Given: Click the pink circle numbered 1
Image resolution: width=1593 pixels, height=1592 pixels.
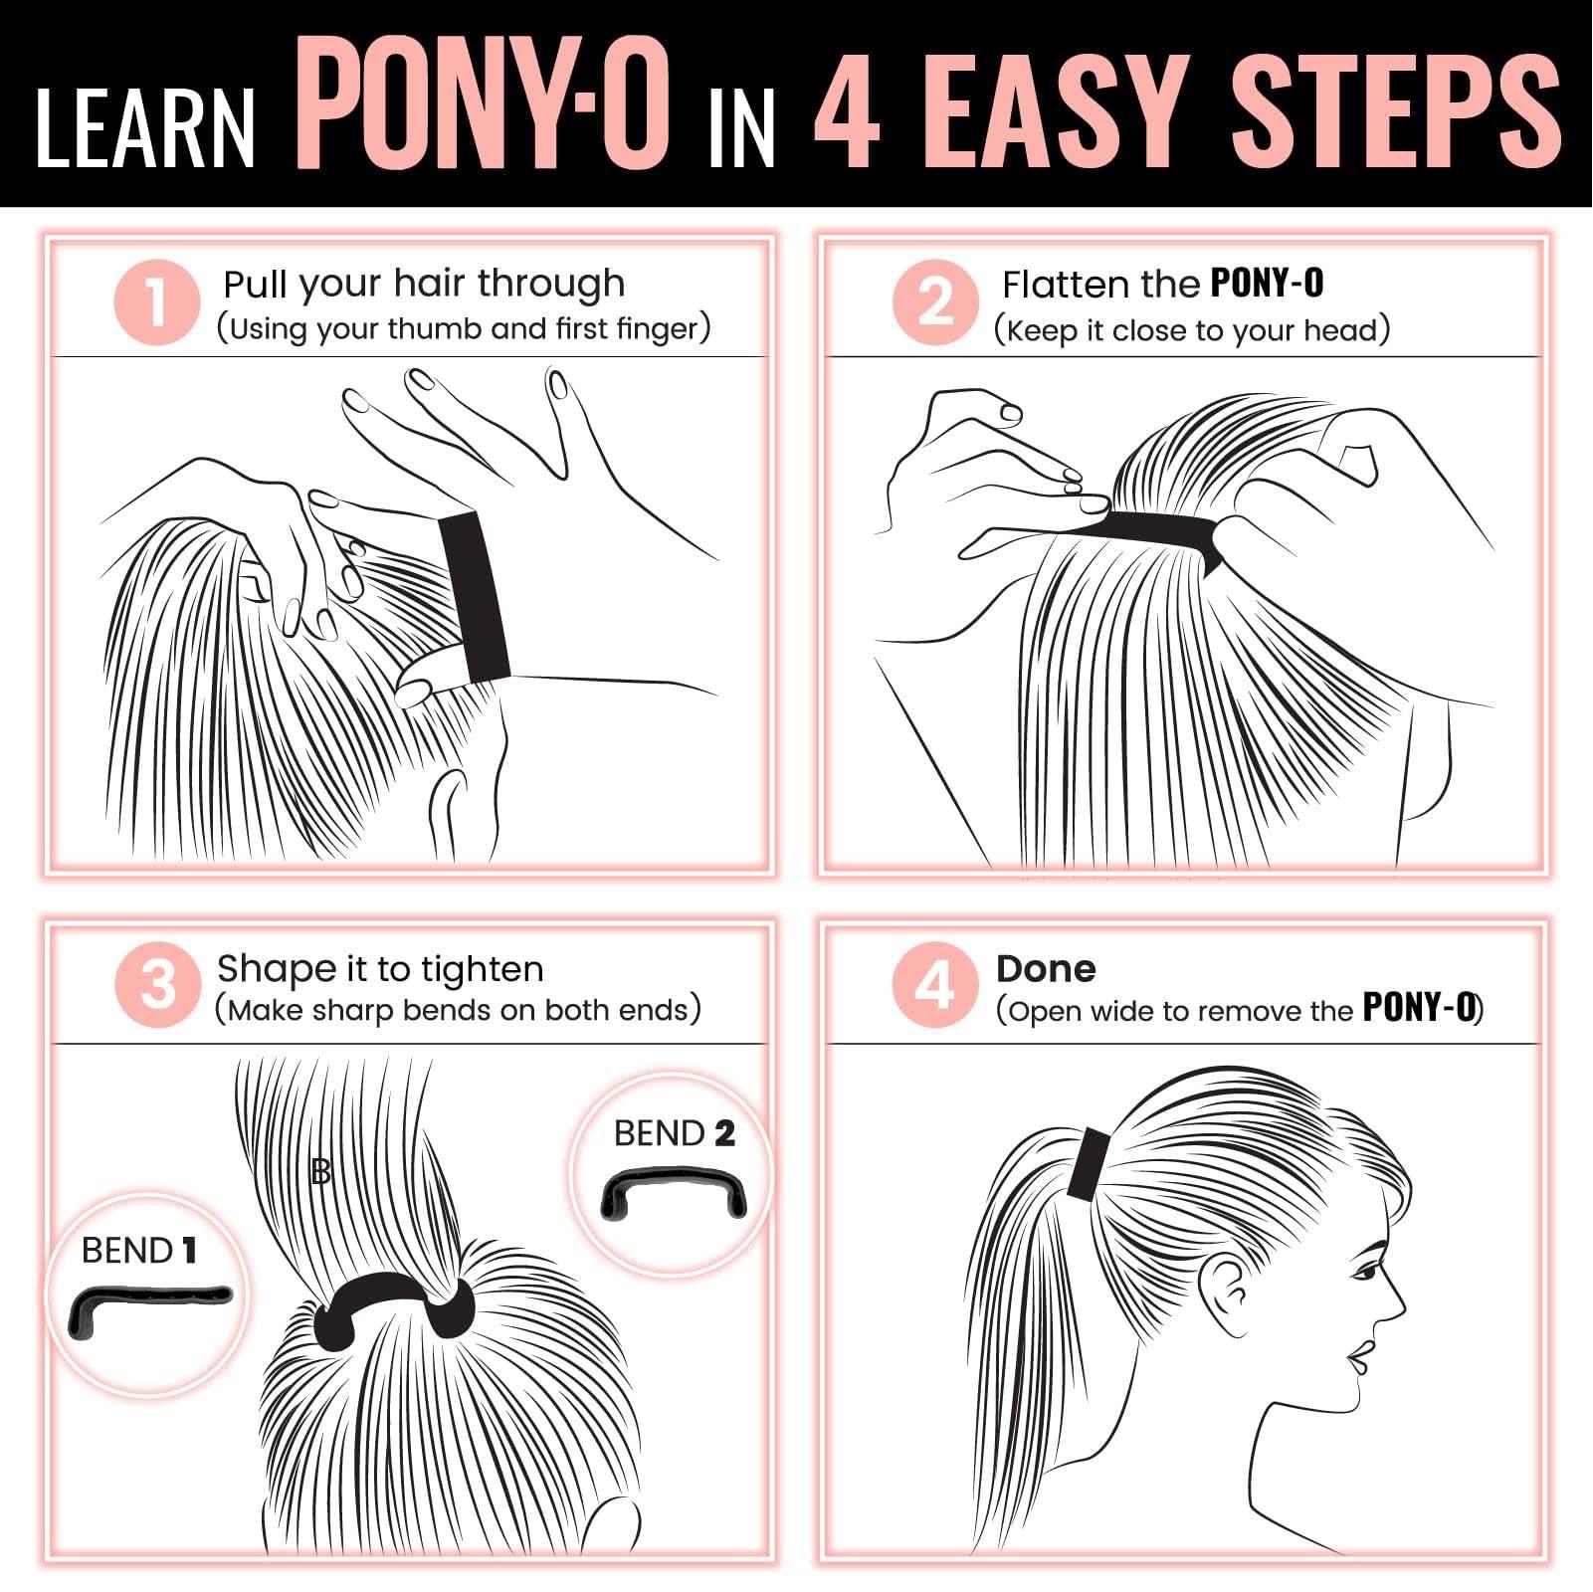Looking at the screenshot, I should (x=157, y=302).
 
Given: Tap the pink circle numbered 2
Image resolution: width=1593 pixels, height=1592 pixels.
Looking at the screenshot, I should (x=935, y=302).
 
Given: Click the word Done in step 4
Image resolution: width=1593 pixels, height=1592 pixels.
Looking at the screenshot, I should (x=1046, y=969).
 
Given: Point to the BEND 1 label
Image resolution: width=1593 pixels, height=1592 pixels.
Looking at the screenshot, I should (x=139, y=1251).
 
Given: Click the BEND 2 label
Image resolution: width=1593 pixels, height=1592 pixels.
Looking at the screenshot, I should (x=674, y=1133).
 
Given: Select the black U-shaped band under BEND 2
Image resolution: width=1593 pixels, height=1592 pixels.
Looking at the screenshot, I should (x=673, y=1192).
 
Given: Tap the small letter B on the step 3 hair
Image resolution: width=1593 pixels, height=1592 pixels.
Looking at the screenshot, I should (x=320, y=1171).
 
